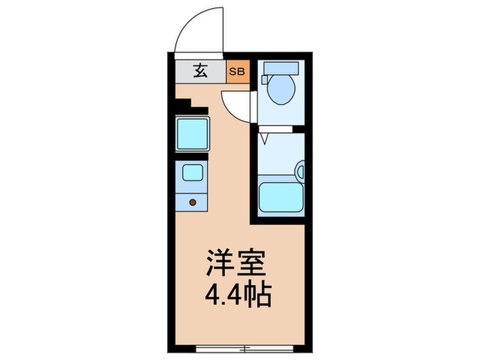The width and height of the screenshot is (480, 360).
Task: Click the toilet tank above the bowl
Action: coord(281,68)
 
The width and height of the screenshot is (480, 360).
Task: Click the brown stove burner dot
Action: coord(193,202)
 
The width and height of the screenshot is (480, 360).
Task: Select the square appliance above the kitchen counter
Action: coord(193,134)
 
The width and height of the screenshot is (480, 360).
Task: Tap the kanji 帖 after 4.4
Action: coord(259,297)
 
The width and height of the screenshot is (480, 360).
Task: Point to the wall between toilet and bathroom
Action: coord(281,130)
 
